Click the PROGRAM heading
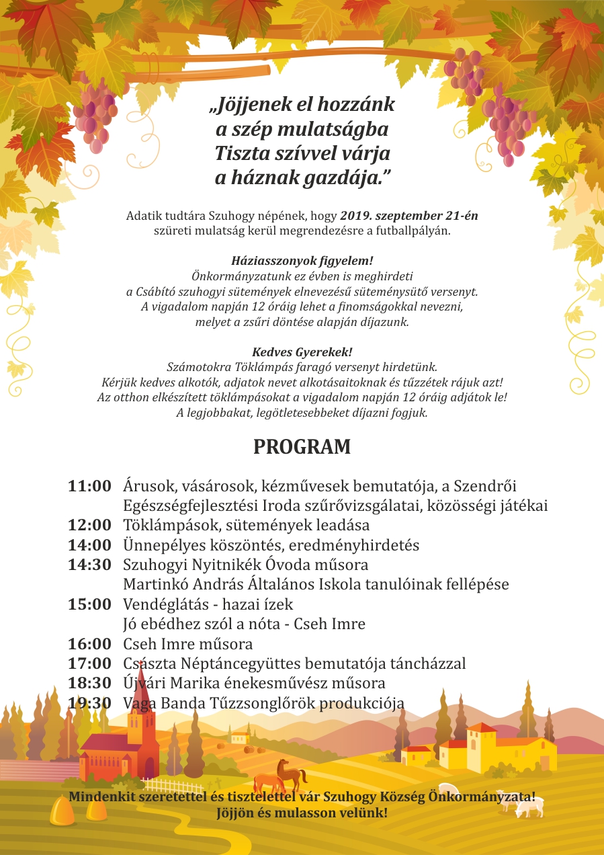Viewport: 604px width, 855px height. tap(302, 447)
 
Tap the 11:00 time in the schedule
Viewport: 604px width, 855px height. tap(89, 486)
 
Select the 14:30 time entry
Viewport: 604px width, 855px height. tap(89, 565)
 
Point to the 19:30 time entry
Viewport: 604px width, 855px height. tap(89, 703)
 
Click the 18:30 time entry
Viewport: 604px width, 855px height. tap(89, 683)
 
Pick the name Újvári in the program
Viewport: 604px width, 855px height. tap(146, 683)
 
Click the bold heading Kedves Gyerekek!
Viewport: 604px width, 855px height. tap(302, 352)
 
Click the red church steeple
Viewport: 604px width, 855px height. tap(141, 679)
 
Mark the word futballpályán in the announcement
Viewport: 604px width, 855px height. tap(413, 231)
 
